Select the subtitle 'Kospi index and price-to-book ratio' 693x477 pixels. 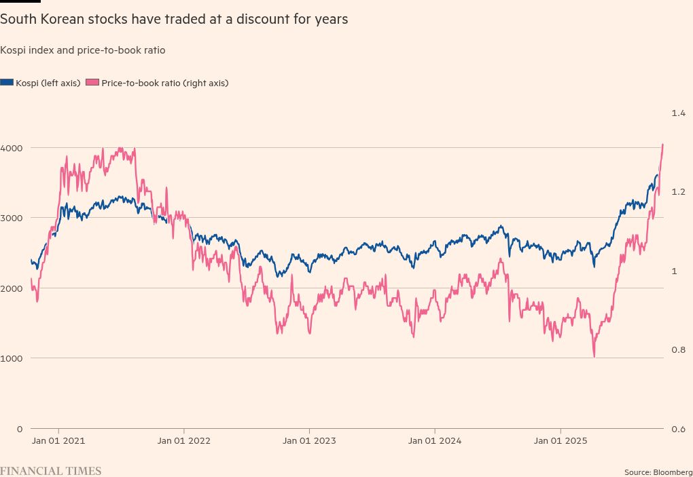tap(83, 50)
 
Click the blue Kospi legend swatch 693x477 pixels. tap(7, 83)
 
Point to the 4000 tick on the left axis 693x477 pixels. tap(12, 148)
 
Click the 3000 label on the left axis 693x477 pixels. tap(12, 218)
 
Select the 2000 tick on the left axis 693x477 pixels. tap(12, 288)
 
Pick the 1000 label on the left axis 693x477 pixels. tap(12, 358)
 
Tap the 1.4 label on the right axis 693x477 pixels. tap(679, 113)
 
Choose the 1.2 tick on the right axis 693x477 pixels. tap(679, 192)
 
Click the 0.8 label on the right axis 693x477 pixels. tap(679, 350)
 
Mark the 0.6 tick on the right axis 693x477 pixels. tap(679, 429)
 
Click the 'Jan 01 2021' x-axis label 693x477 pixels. tap(58, 441)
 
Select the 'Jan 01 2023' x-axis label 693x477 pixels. tap(309, 441)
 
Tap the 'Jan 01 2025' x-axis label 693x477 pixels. tap(561, 441)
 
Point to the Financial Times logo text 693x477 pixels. tap(51, 471)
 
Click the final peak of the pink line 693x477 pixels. tap(663, 144)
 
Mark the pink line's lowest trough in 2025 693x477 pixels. tap(594, 357)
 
